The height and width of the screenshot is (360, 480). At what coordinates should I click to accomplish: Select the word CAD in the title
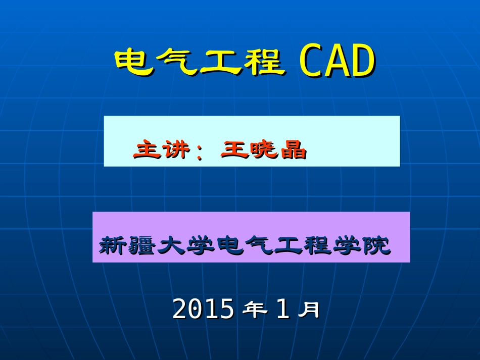pos(337,63)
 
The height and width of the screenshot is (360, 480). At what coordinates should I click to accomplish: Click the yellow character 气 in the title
pos(176,63)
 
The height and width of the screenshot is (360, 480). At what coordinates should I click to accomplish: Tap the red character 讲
pos(175,150)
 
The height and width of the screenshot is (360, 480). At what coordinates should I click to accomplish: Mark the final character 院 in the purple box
pos(376,246)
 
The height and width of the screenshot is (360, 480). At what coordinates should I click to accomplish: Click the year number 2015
pos(203,309)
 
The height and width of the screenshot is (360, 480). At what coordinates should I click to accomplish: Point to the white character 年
pos(255,309)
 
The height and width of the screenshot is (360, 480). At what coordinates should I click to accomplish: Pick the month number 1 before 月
pos(282,309)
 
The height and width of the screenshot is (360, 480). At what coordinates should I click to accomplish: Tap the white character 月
pos(308,309)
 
